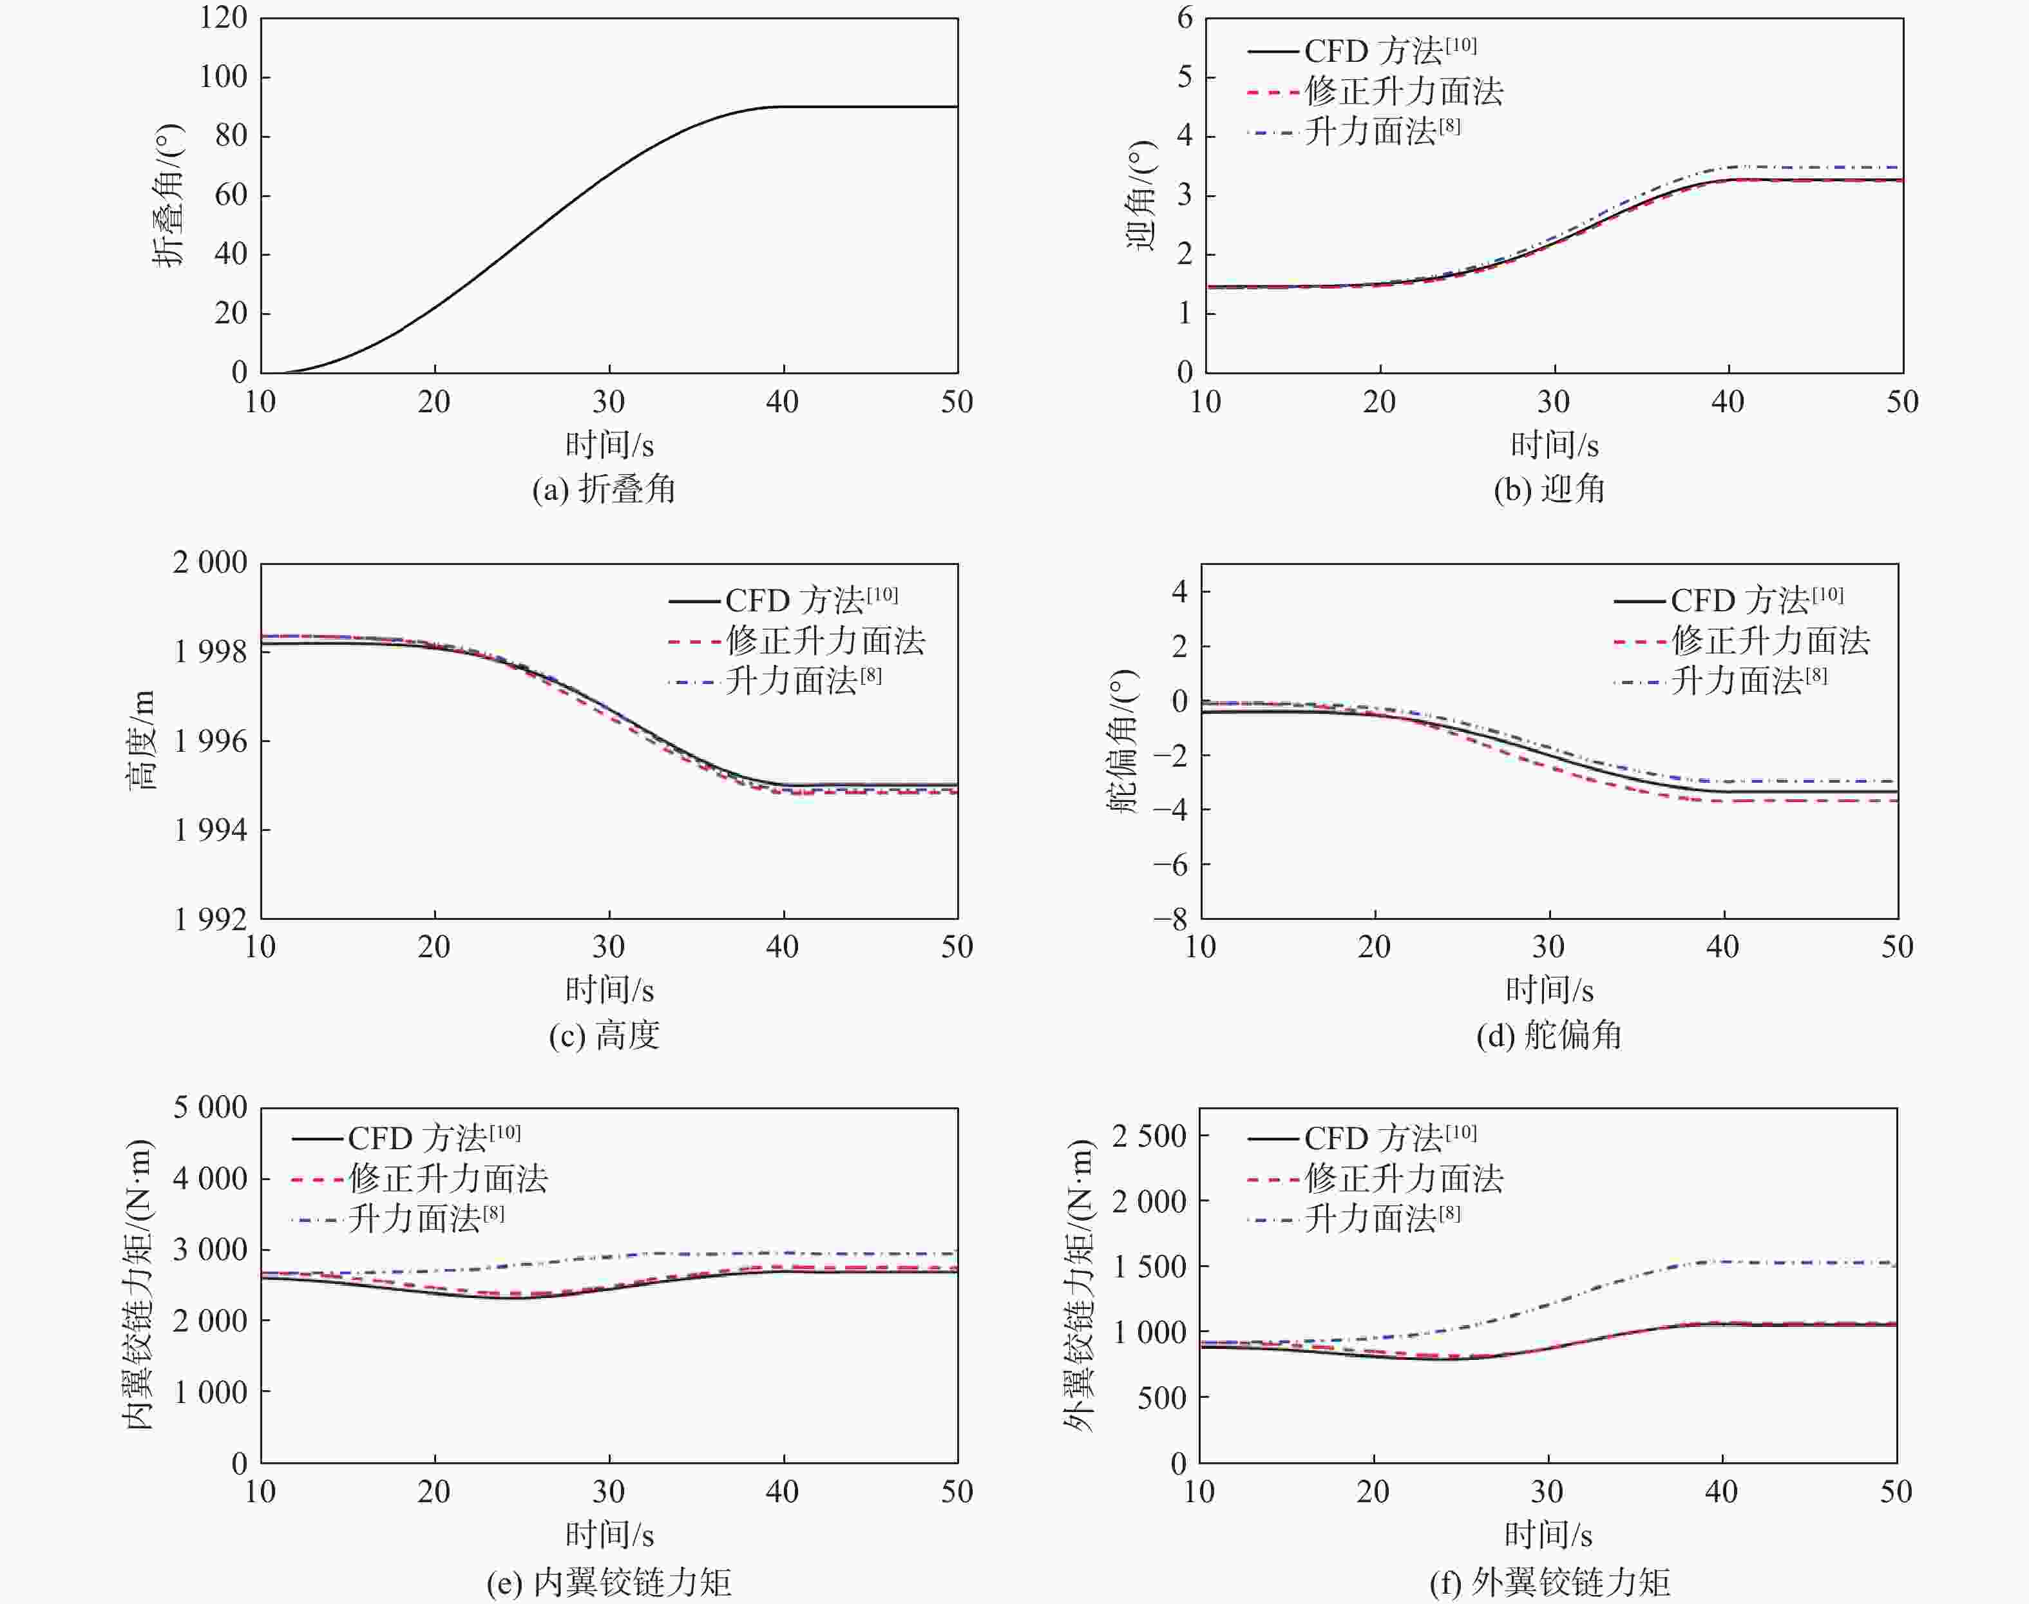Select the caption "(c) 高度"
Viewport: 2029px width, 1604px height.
[604, 1035]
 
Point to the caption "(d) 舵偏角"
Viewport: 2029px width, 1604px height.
[1548, 1035]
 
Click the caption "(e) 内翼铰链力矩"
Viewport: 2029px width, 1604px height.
[609, 1582]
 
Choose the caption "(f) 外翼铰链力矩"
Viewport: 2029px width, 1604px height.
[1549, 1582]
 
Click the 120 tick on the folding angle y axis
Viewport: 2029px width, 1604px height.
[224, 18]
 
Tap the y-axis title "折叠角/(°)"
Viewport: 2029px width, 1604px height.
[169, 195]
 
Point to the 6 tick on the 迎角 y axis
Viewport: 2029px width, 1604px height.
[1185, 18]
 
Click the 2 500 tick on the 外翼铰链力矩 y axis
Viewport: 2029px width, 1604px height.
[1148, 1136]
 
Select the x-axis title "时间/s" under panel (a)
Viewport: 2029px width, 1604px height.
[609, 444]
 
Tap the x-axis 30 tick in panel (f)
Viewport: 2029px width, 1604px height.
[1547, 1491]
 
